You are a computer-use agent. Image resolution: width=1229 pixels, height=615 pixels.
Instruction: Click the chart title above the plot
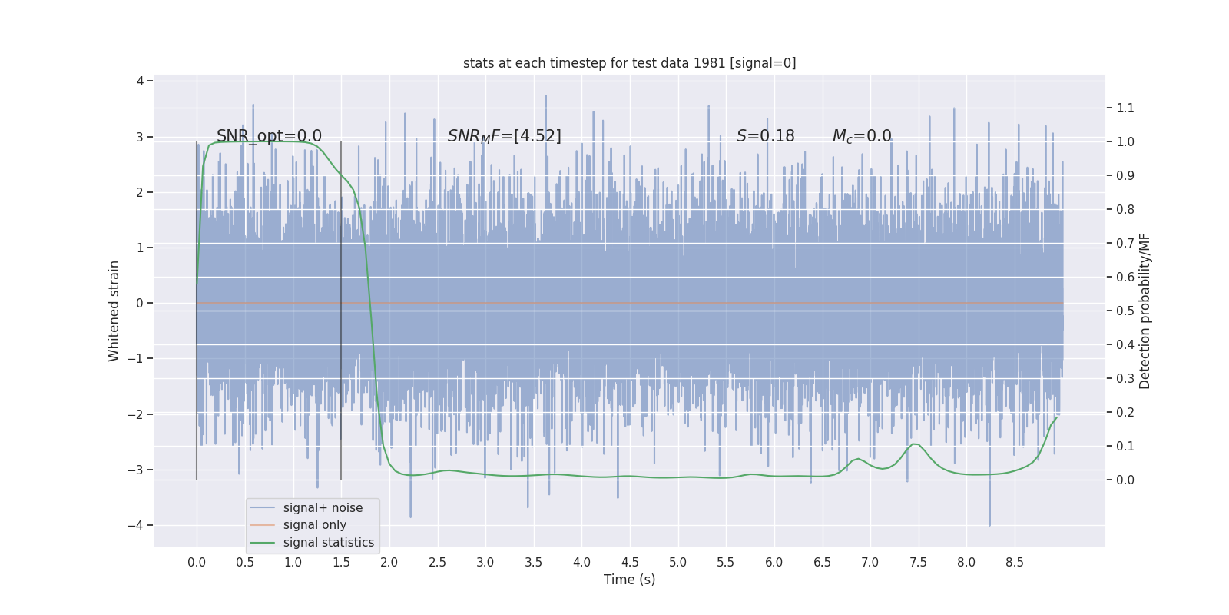(629, 63)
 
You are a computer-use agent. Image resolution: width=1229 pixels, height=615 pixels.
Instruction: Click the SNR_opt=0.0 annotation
(269, 136)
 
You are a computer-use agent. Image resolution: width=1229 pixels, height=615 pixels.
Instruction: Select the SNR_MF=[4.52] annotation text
(504, 136)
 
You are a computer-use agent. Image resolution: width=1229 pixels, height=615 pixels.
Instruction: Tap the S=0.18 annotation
(765, 136)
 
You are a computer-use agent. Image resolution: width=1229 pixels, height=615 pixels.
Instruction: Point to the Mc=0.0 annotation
(862, 136)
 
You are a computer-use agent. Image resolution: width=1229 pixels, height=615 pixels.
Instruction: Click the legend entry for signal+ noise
(323, 507)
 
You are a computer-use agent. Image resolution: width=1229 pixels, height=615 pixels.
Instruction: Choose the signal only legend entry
(314, 525)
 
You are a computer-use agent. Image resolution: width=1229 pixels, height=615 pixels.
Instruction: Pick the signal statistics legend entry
(328, 542)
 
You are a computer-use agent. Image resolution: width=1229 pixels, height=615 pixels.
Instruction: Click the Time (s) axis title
(629, 580)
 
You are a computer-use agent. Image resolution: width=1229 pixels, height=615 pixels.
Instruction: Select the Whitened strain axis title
(114, 311)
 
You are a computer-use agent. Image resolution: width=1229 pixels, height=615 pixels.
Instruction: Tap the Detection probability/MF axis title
(1145, 311)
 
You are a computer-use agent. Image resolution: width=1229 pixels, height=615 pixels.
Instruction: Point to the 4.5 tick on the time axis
(630, 562)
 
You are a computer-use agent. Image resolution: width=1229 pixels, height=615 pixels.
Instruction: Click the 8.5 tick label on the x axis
(1014, 562)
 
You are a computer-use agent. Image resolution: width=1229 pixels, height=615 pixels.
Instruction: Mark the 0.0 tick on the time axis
(197, 562)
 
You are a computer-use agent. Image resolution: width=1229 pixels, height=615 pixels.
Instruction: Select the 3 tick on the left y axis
(140, 137)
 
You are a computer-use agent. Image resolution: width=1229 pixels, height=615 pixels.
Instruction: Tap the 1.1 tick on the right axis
(1125, 108)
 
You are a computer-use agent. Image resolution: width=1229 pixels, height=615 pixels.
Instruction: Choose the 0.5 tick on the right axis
(1125, 311)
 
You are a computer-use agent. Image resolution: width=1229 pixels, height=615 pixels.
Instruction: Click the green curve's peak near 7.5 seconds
(916, 444)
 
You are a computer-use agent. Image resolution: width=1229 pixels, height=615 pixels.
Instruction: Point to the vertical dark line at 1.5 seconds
(341, 307)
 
